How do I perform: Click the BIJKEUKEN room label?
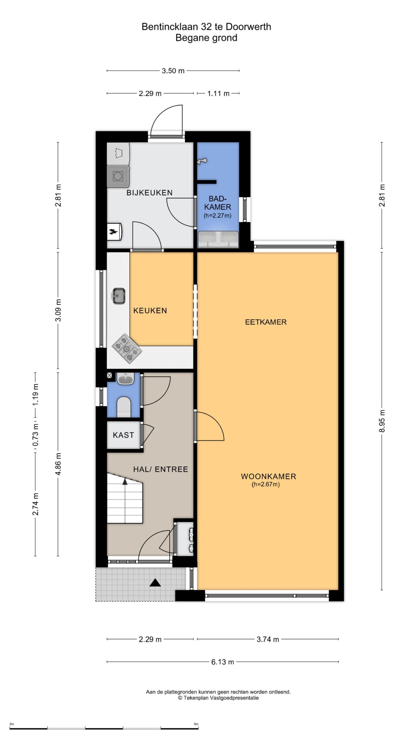149,193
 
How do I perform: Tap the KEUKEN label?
150,311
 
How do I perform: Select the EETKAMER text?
266,322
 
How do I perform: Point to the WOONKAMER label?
268,476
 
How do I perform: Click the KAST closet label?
123,435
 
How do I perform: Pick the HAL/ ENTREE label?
160,469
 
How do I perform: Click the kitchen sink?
119,296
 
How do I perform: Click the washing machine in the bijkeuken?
118,175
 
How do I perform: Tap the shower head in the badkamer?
202,161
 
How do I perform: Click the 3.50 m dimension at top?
173,71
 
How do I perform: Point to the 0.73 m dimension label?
36,435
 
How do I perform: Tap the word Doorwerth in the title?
248,27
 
